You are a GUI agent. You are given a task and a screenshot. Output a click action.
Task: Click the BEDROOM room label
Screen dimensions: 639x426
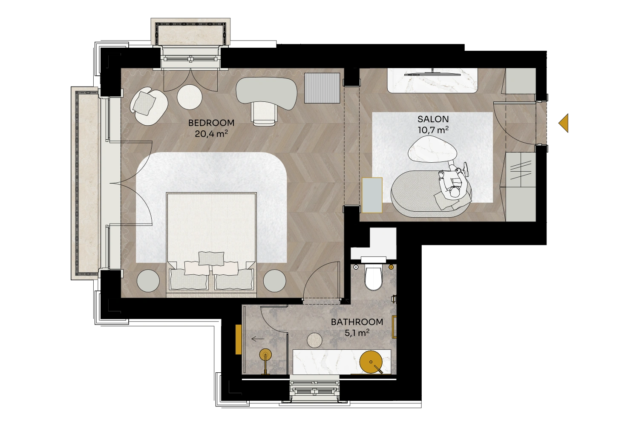pos(211,123)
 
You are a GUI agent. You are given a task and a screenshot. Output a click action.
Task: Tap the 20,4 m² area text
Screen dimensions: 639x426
pos(211,133)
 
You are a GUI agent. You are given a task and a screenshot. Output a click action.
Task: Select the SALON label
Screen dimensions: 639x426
pos(433,119)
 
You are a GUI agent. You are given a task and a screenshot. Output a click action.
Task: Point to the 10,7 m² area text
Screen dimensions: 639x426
pos(433,130)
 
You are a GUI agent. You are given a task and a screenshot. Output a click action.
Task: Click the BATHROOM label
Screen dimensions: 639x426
pos(357,322)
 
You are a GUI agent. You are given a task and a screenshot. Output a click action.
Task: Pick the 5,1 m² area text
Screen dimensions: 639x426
pos(357,333)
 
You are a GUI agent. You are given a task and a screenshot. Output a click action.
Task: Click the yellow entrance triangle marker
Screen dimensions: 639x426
pos(564,123)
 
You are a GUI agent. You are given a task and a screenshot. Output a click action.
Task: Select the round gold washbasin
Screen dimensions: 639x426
pos(371,362)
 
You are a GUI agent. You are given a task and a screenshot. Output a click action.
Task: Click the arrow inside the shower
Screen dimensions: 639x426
pos(258,339)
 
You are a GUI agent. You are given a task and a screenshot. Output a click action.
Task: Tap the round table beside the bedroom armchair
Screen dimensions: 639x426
pos(190,97)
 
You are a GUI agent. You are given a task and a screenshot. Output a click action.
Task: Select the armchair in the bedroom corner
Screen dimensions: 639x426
pos(149,106)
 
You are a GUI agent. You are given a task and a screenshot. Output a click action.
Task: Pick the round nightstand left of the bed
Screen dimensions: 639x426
pos(148,281)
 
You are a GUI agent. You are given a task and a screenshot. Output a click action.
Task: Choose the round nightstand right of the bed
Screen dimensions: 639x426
pos(274,281)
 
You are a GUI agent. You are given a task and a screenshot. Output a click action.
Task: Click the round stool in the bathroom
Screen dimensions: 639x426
pos(314,340)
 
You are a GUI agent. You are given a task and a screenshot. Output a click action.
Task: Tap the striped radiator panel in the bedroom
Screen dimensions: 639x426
pos(322,88)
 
